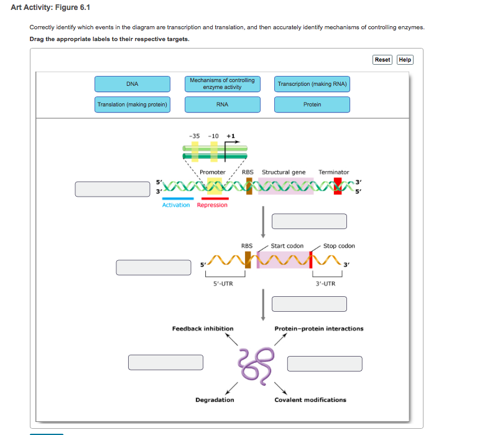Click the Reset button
(382, 60)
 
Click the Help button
(405, 60)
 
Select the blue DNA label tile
(132, 84)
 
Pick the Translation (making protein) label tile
(132, 105)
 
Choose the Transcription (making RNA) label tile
(312, 84)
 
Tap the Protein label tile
(312, 105)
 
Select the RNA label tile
(222, 105)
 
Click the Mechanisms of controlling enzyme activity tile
(222, 84)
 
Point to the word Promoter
(213, 172)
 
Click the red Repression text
(212, 205)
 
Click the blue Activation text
(176, 205)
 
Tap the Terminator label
(334, 172)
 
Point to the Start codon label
(287, 246)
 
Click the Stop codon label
(339, 246)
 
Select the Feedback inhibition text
(203, 329)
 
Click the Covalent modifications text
(310, 400)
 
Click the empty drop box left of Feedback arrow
(166, 362)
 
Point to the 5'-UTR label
(223, 284)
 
